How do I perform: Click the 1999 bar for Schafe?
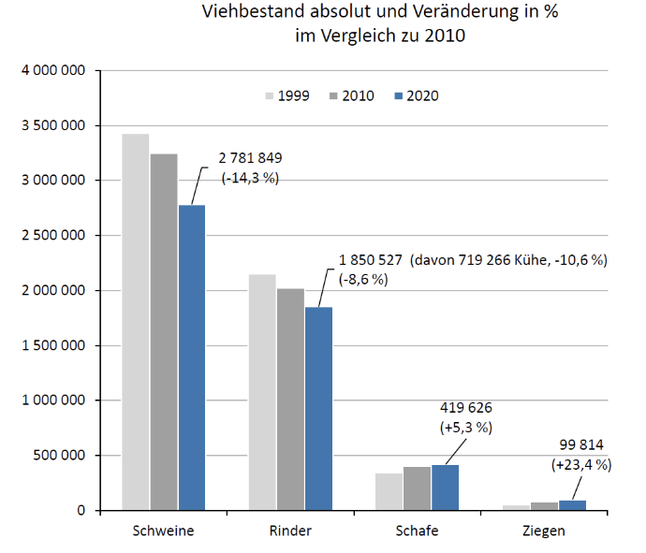[x=389, y=491]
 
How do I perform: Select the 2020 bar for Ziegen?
[x=571, y=505]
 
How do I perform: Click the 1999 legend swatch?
[x=272, y=96]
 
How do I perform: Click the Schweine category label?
[x=164, y=531]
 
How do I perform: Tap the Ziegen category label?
[x=544, y=531]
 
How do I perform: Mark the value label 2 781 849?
[x=251, y=156]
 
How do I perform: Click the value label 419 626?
[x=465, y=408]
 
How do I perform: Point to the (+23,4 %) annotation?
[x=580, y=463]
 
